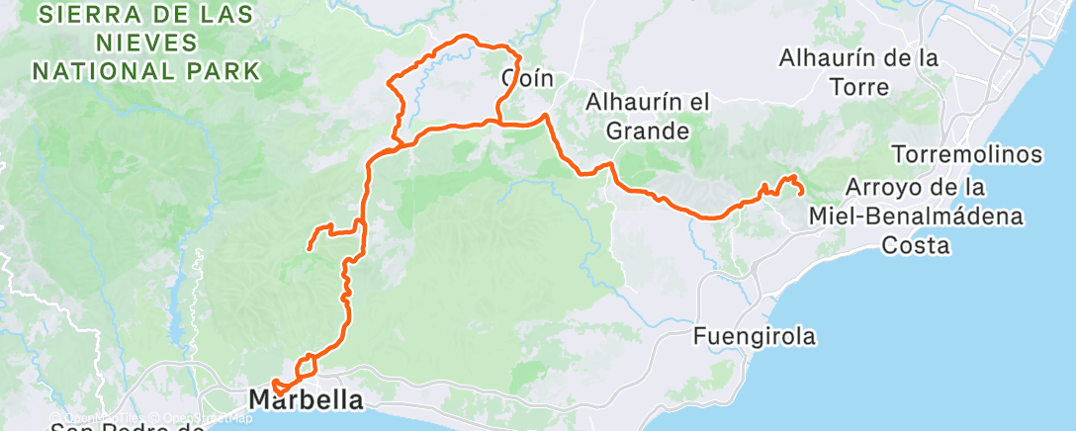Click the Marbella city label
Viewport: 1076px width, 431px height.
(x=306, y=400)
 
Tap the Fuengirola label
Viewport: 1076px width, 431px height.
(x=755, y=337)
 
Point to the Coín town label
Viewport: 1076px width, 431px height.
(x=525, y=79)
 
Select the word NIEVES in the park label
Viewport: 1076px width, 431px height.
(x=146, y=43)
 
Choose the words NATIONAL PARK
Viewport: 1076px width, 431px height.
(x=146, y=71)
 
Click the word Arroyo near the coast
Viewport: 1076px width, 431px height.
(x=893, y=186)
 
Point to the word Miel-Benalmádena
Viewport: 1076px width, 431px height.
(x=915, y=215)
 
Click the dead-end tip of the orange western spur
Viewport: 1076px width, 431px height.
(x=310, y=248)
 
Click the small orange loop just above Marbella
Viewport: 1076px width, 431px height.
(x=307, y=366)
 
